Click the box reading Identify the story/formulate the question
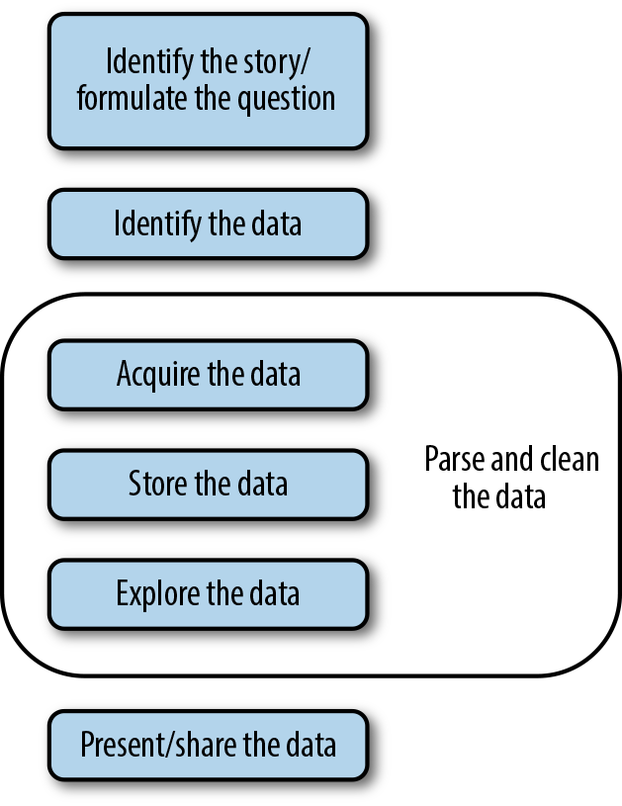tap(208, 81)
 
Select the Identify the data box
tap(208, 224)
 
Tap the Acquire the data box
tap(208, 375)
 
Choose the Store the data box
tap(208, 484)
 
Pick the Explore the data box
tap(208, 593)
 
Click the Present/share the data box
tap(208, 744)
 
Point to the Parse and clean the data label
tap(510, 477)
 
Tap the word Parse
tap(450, 460)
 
